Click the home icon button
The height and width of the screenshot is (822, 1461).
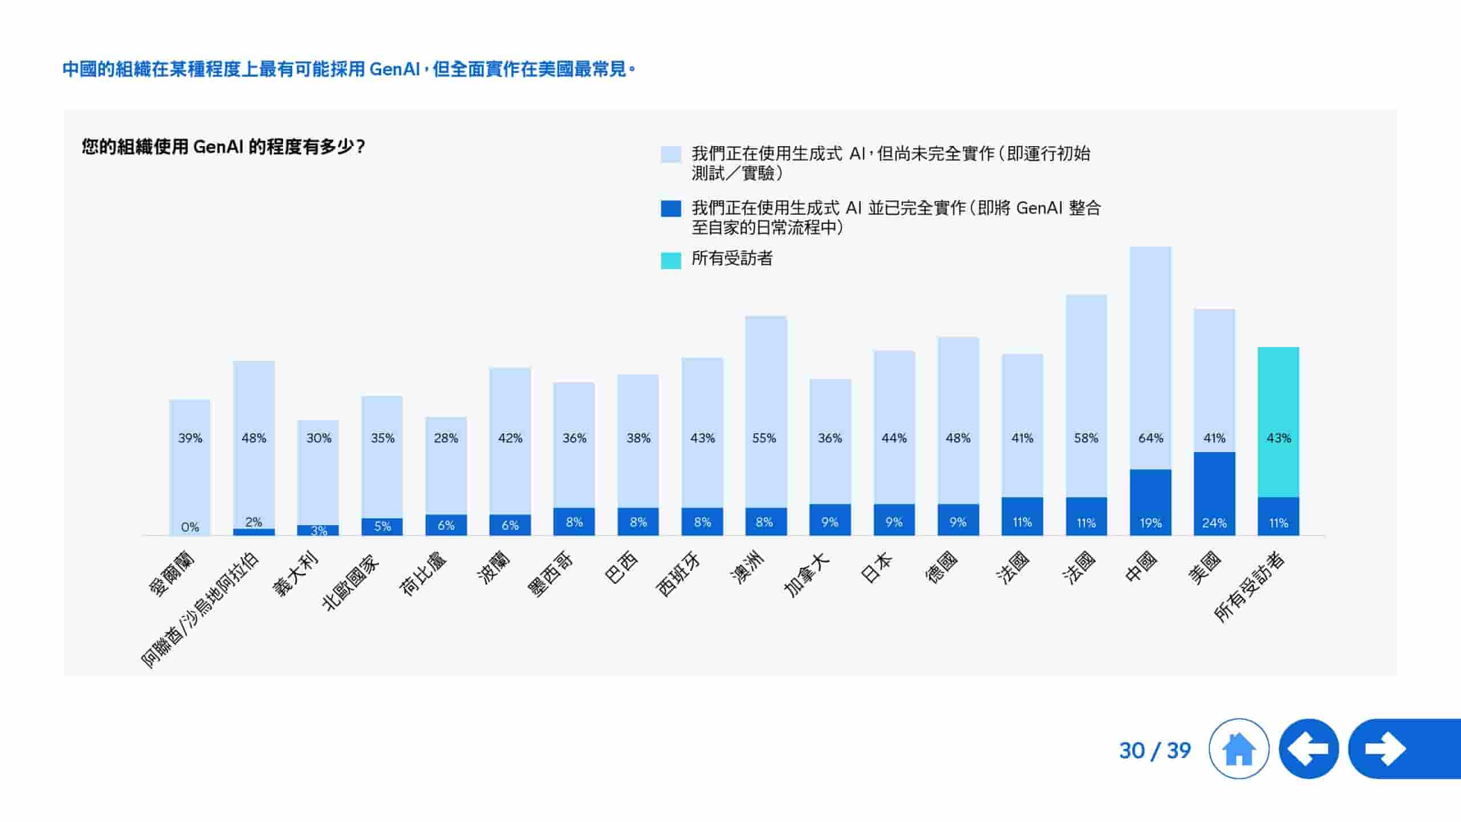click(x=1238, y=748)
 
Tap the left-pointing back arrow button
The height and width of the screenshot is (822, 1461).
click(x=1309, y=748)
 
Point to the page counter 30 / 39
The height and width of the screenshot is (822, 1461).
click(x=1155, y=750)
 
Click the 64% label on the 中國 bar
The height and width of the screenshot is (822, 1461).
click(x=1150, y=438)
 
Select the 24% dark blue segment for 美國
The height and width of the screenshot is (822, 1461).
click(x=1214, y=494)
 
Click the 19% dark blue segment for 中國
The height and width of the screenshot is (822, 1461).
click(x=1150, y=502)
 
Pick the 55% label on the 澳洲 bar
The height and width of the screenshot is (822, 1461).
click(x=764, y=438)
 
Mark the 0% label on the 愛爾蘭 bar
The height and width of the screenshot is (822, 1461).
click(x=190, y=527)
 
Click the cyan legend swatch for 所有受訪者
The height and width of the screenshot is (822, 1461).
click(x=671, y=260)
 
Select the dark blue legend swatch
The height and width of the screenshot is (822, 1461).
click(x=671, y=208)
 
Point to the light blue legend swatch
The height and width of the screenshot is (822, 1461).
click(x=671, y=154)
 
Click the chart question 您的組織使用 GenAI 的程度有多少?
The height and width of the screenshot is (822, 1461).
click(x=223, y=147)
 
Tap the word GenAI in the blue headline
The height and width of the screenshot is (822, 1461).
click(x=394, y=69)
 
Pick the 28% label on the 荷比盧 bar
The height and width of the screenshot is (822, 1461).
click(x=446, y=438)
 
